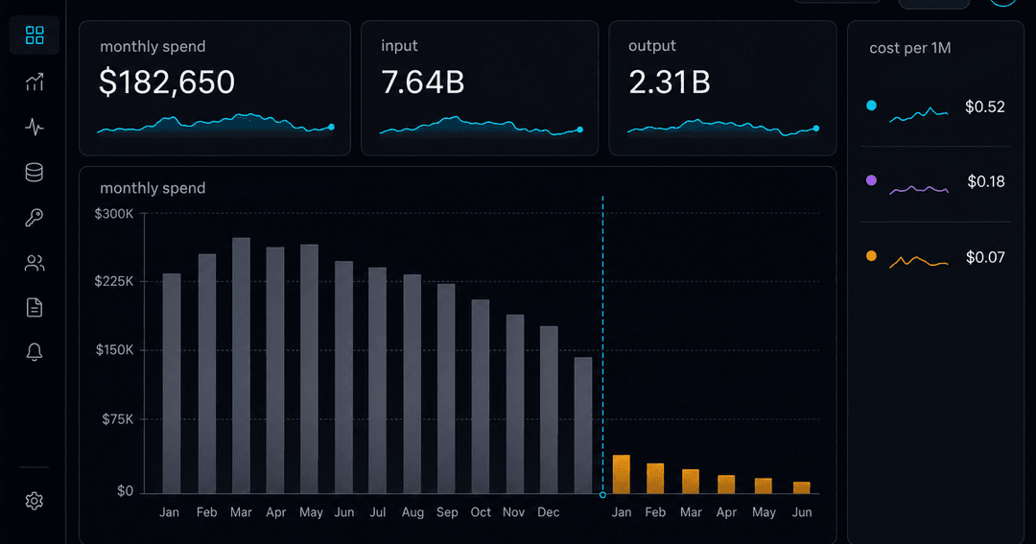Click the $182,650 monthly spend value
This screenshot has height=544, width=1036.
[x=167, y=83]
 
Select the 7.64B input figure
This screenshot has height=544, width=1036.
[x=423, y=83]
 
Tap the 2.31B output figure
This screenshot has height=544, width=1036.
[x=670, y=83]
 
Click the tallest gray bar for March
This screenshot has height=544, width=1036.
[x=241, y=366]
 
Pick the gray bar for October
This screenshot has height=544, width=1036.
[x=481, y=396]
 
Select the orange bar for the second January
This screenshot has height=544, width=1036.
[x=621, y=474]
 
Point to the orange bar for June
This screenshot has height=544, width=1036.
[x=801, y=487]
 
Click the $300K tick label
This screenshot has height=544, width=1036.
[x=113, y=214]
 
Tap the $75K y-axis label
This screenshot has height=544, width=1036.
[x=118, y=419]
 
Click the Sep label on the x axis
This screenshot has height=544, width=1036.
[x=447, y=512]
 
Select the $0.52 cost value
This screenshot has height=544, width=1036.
[x=984, y=107]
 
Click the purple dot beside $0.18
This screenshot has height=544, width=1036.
[x=871, y=180]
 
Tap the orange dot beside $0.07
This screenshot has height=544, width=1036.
[x=871, y=256]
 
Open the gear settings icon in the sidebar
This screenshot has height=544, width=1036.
[x=35, y=501]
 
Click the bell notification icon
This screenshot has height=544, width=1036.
[x=35, y=352]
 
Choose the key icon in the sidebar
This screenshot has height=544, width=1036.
[x=35, y=218]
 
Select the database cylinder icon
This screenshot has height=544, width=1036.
[x=35, y=173]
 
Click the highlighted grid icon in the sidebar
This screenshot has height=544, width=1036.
[x=35, y=35]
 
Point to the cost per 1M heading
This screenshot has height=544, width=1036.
[x=909, y=48]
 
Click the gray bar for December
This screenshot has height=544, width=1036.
[x=549, y=410]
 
